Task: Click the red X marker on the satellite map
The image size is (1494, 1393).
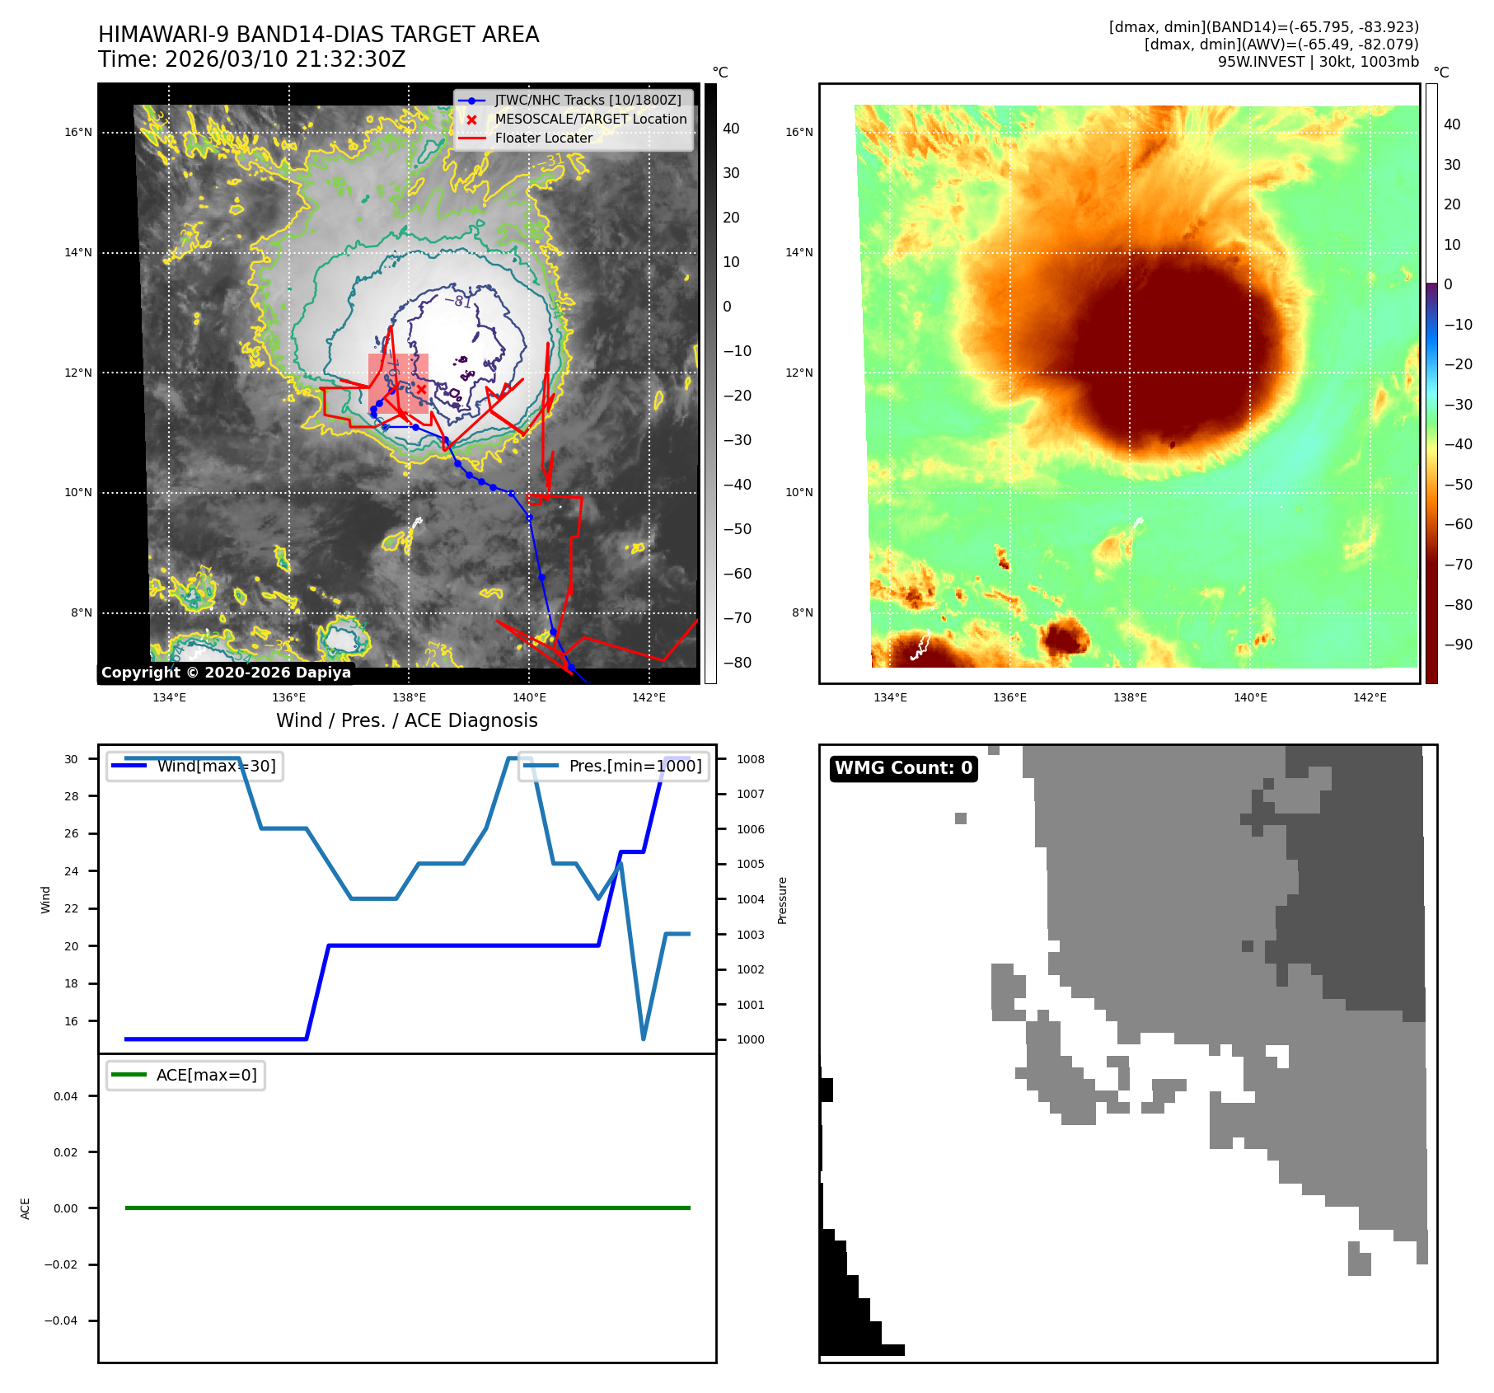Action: point(421,389)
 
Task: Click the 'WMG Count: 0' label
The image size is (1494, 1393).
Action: point(903,768)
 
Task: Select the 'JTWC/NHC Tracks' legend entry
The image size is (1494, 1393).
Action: point(588,100)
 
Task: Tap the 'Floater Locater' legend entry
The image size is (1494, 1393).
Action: point(543,138)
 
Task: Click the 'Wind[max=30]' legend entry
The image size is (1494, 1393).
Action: point(216,766)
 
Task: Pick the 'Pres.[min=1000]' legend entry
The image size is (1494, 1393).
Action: point(635,766)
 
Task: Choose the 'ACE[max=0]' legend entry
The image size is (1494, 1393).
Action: point(206,1075)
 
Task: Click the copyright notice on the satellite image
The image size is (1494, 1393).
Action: point(226,673)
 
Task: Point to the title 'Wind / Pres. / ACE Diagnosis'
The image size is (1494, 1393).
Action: point(406,720)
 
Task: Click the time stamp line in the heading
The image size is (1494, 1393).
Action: point(251,59)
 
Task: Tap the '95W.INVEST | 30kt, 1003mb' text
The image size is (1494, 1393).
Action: point(1318,62)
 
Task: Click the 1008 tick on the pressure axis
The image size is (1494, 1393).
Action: point(750,759)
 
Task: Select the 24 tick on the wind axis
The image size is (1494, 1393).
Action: point(72,871)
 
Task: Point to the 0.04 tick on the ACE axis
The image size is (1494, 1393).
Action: point(66,1096)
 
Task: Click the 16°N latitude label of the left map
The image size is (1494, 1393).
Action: point(78,132)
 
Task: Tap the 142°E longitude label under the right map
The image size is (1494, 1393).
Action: point(1370,697)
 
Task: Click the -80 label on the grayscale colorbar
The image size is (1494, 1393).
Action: point(737,663)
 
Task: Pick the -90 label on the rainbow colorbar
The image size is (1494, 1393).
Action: point(1458,645)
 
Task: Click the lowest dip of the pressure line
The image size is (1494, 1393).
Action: point(643,1039)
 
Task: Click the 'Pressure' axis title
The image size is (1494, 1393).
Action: point(782,900)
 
